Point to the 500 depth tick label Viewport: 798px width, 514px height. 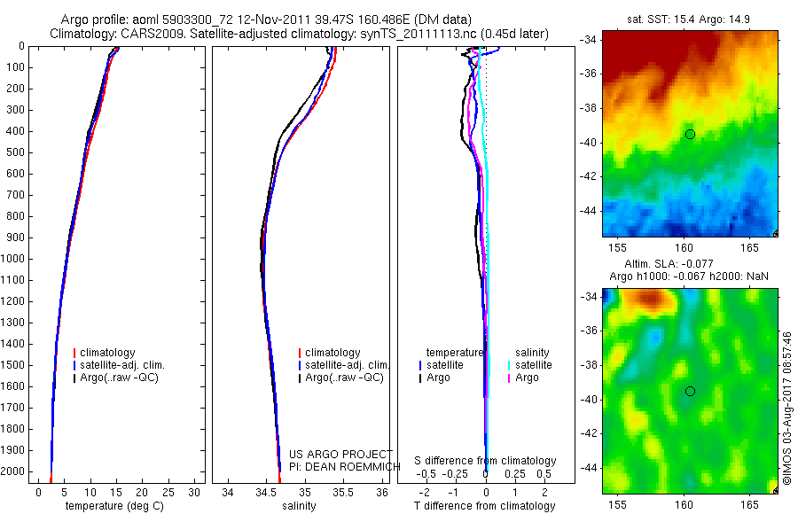pos(14,152)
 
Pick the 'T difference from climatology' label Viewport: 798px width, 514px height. pos(484,506)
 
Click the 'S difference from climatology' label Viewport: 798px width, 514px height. pos(485,461)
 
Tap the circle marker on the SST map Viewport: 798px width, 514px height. pos(690,134)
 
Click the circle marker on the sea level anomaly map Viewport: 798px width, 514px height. pos(690,391)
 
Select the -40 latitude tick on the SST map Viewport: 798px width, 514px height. pos(591,142)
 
